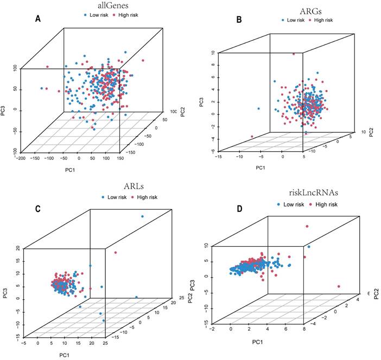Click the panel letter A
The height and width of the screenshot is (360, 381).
[x=38, y=19]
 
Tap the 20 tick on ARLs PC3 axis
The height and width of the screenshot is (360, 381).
[x=18, y=249]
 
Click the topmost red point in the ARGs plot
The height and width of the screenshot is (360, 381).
[x=294, y=54]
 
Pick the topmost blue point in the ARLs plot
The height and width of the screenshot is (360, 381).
[x=143, y=217]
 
